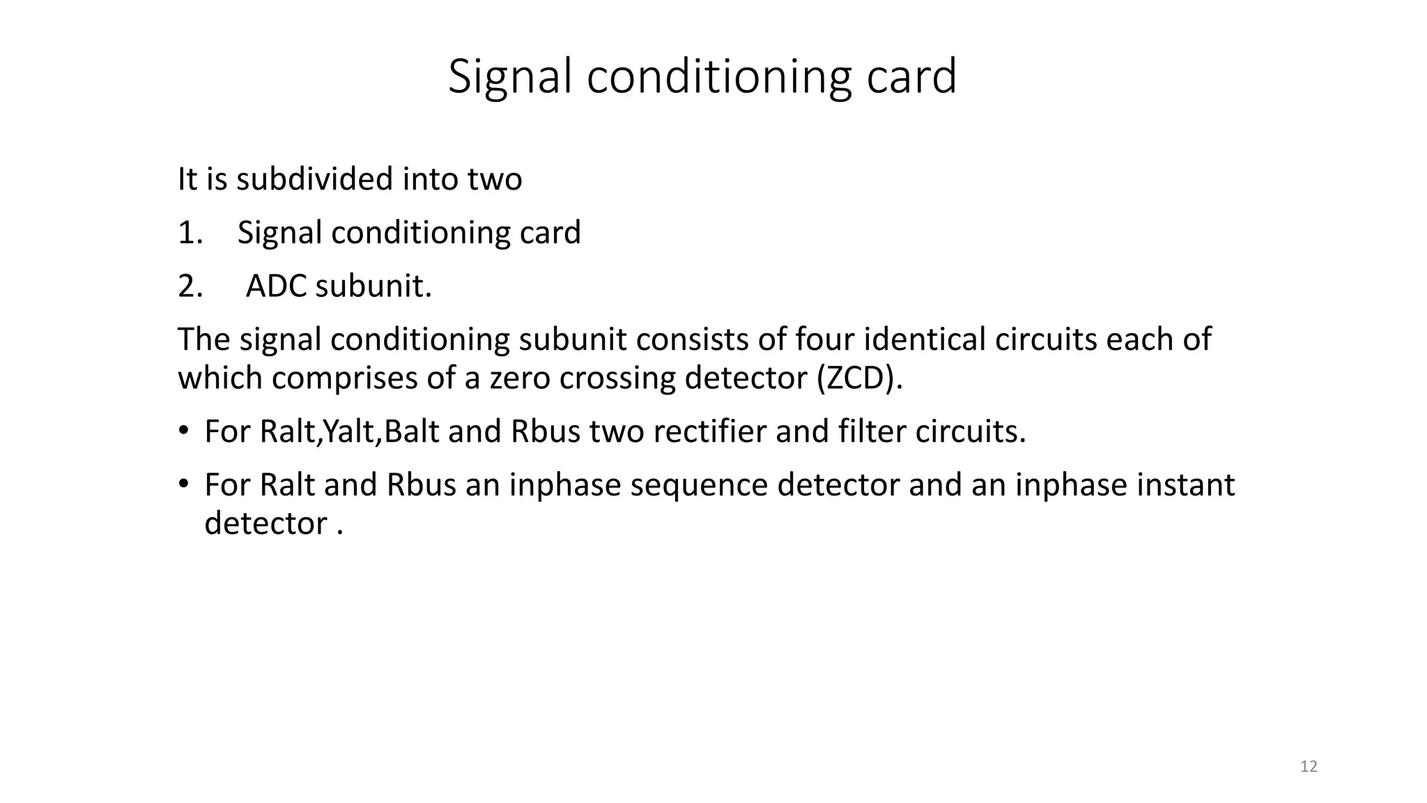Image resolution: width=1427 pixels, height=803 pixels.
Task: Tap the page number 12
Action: [1309, 767]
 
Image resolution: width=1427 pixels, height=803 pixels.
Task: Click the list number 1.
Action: [190, 233]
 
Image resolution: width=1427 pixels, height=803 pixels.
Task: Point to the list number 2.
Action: [190, 286]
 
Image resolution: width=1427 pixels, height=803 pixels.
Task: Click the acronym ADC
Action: [276, 286]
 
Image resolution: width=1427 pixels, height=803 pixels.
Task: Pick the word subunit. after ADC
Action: [373, 286]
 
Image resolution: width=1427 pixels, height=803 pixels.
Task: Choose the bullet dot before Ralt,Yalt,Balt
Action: [183, 430]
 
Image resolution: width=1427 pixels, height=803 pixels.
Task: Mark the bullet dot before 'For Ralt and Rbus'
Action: [183, 483]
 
